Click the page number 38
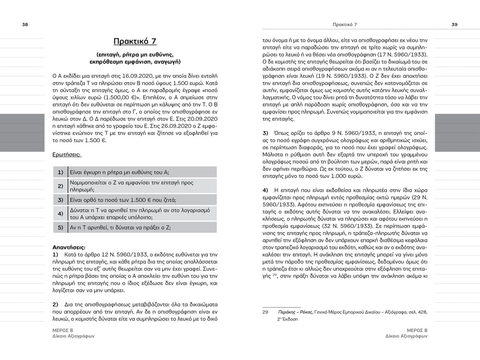point(24,24)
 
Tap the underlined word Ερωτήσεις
point(67,155)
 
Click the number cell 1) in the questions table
point(60,172)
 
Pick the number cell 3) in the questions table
point(60,200)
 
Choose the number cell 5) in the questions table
point(60,228)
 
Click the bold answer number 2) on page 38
point(55,304)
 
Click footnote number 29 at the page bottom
point(264,312)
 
